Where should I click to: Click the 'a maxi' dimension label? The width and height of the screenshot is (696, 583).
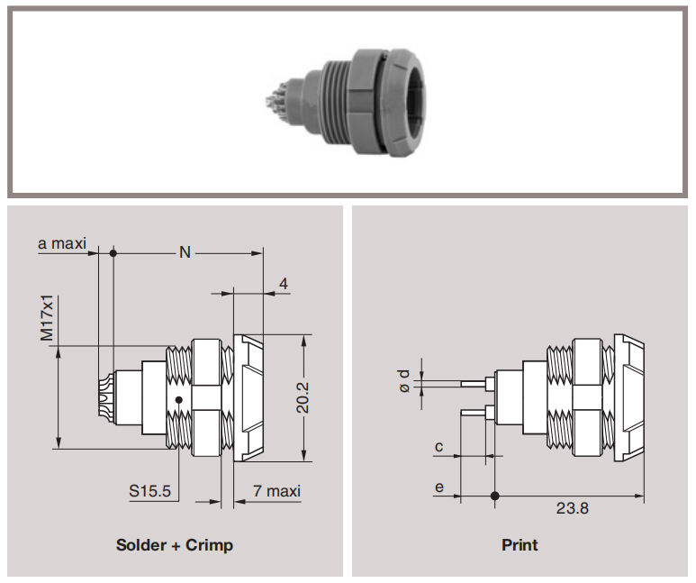coord(62,243)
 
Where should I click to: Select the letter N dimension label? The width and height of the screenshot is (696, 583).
coord(185,252)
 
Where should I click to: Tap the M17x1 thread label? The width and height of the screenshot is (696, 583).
coord(47,318)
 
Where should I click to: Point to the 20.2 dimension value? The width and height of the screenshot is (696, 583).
coord(303,397)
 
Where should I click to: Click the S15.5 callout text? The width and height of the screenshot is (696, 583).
coord(149,490)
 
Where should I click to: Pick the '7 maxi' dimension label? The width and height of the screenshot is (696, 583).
coord(276,490)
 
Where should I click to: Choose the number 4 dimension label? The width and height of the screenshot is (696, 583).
coord(283,284)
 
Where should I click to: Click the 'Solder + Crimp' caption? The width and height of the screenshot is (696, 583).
coord(175,545)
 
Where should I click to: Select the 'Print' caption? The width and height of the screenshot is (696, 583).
coord(520,545)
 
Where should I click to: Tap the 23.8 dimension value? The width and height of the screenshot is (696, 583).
coord(572,508)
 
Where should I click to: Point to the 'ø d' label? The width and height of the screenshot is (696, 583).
coord(404,381)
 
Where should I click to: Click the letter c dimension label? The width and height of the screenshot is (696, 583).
coord(439,446)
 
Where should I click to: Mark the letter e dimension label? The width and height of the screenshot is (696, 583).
coord(439,487)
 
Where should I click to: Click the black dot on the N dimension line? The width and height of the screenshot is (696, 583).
coord(113,253)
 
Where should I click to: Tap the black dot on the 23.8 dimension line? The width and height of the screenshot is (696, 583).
coord(495,496)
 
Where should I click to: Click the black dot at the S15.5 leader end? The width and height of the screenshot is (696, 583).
coord(179,400)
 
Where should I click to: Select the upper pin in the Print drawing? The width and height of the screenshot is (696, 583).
coord(474,383)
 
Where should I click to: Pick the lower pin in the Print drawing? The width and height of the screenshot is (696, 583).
coord(474,413)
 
